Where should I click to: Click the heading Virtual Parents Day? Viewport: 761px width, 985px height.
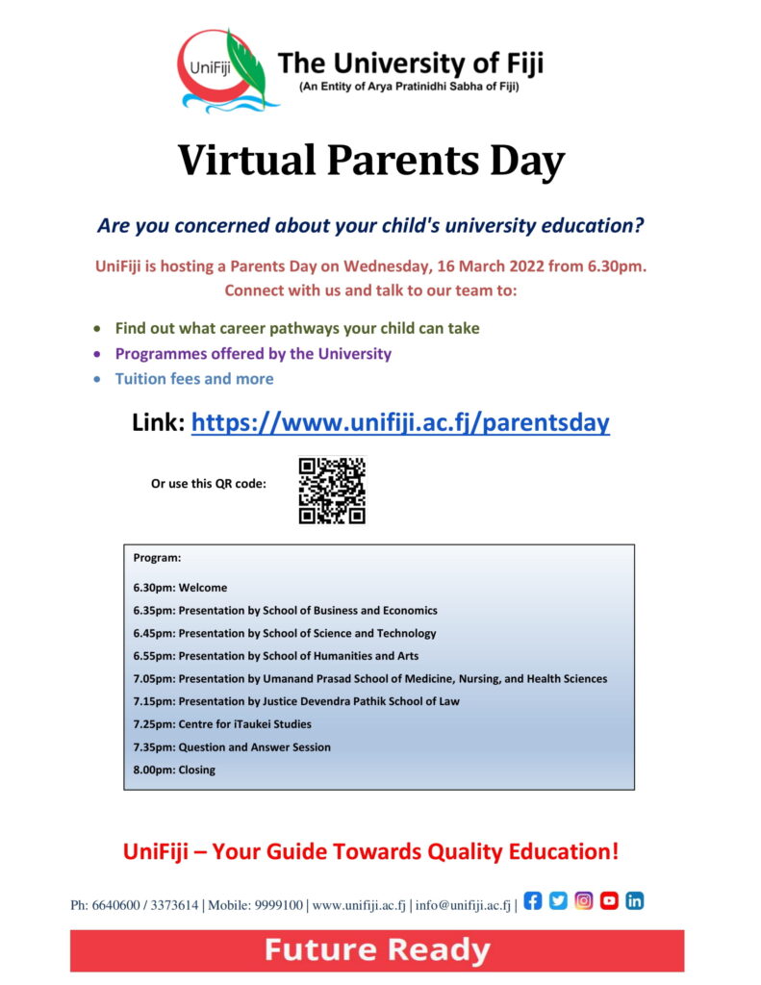coord(370,161)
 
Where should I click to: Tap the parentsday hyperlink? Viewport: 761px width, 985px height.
coord(400,422)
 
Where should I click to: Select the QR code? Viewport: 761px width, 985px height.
coord(332,491)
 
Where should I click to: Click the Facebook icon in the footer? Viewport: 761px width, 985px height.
coord(533,901)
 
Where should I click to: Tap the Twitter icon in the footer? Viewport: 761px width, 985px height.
coord(558,901)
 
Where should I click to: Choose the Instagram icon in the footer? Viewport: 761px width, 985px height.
coord(584,901)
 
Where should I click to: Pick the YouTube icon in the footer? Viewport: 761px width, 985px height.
coord(609,901)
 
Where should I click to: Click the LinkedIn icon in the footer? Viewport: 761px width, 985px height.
coord(635,901)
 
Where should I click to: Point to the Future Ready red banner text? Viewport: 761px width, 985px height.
coord(377,951)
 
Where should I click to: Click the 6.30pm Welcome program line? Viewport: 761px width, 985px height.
coord(181,588)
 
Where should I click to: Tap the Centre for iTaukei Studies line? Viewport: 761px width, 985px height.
coord(222,724)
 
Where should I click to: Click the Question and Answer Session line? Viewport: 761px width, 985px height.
coord(232,747)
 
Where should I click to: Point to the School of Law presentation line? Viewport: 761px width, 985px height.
coord(296,701)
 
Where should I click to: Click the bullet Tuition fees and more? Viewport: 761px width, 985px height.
coord(193,379)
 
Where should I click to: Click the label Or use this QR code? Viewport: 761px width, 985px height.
coord(208,484)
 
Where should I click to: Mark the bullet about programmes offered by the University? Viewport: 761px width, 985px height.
coord(253,354)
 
